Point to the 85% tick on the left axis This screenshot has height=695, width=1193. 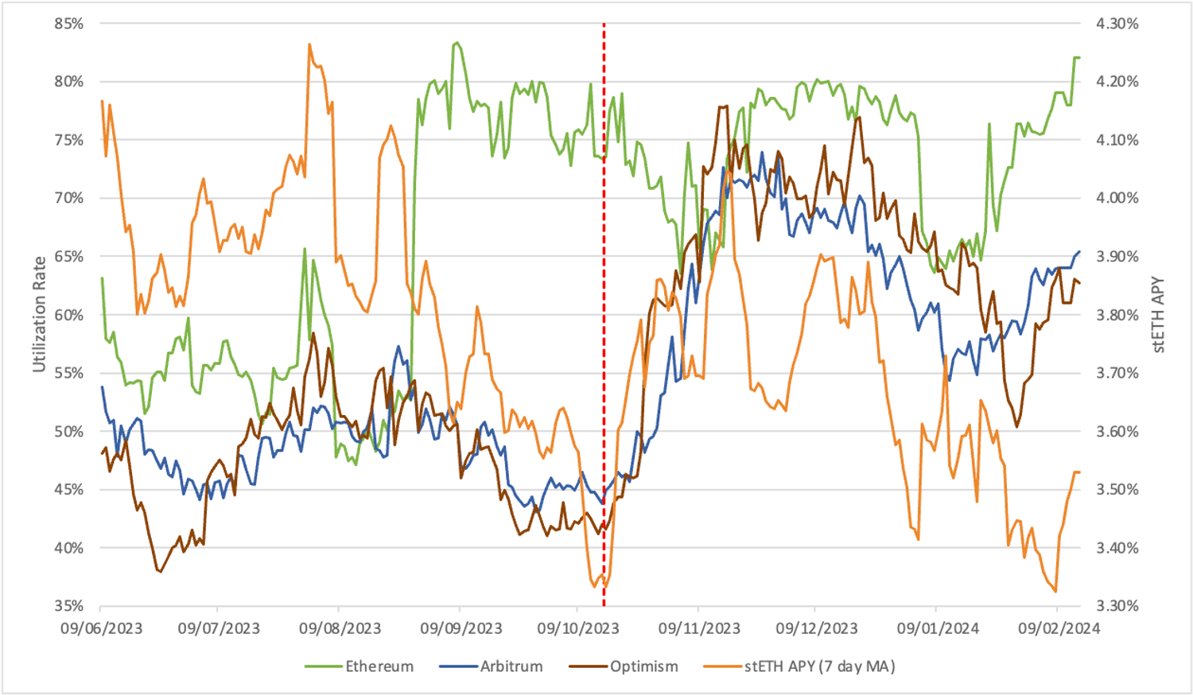(x=69, y=24)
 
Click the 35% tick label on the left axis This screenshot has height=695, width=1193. (x=69, y=606)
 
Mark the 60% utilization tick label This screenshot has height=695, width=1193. (x=69, y=315)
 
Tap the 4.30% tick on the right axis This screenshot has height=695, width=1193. (x=1117, y=24)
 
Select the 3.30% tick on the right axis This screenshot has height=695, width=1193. (x=1117, y=606)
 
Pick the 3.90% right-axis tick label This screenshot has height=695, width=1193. (x=1117, y=257)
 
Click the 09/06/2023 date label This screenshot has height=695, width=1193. (x=101, y=628)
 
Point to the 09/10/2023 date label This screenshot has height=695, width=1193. (x=578, y=628)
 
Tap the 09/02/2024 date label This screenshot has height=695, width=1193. (x=1059, y=628)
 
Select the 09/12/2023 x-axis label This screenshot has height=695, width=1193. (x=817, y=628)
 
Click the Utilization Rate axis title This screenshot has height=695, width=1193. (x=39, y=314)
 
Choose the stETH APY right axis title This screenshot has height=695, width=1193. (x=1158, y=315)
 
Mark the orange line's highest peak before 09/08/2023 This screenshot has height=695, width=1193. (x=309, y=45)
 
